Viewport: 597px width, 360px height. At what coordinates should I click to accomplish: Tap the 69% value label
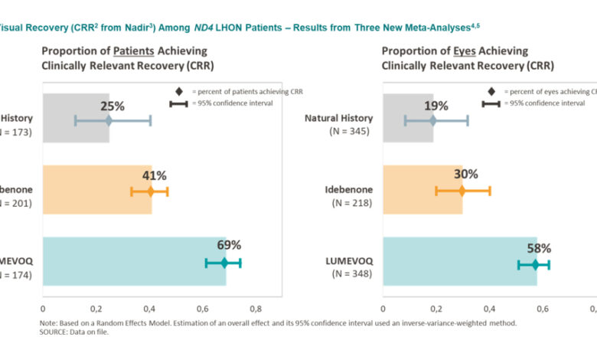(230, 245)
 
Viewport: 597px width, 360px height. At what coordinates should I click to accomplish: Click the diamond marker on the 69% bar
(224, 263)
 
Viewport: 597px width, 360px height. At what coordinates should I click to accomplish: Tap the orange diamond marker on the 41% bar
(151, 191)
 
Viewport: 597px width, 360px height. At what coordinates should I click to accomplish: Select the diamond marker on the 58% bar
(534, 264)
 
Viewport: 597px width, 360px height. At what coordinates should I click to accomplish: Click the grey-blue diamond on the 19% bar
(432, 120)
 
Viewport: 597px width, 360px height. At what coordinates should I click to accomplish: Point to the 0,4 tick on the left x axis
(149, 309)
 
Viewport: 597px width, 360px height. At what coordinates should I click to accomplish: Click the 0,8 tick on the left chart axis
(256, 309)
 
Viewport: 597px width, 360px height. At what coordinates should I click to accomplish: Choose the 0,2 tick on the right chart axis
(435, 309)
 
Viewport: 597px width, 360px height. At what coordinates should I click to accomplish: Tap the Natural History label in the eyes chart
(338, 118)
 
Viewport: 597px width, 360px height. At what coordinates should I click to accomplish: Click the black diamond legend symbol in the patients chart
(179, 91)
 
